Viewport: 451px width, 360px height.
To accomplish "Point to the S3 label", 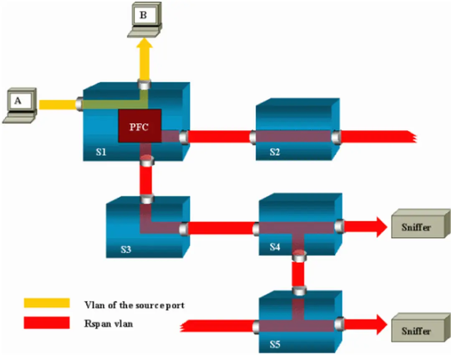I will (x=126, y=249).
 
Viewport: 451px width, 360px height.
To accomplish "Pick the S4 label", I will (x=274, y=246).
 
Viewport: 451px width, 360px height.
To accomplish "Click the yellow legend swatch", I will (x=46, y=302).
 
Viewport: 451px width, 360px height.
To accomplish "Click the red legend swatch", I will (x=46, y=322).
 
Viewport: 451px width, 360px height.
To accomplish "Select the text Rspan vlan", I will (x=109, y=323).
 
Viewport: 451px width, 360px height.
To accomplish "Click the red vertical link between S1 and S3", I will (x=146, y=180).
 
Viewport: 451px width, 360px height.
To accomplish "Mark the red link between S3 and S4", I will (x=221, y=228).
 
